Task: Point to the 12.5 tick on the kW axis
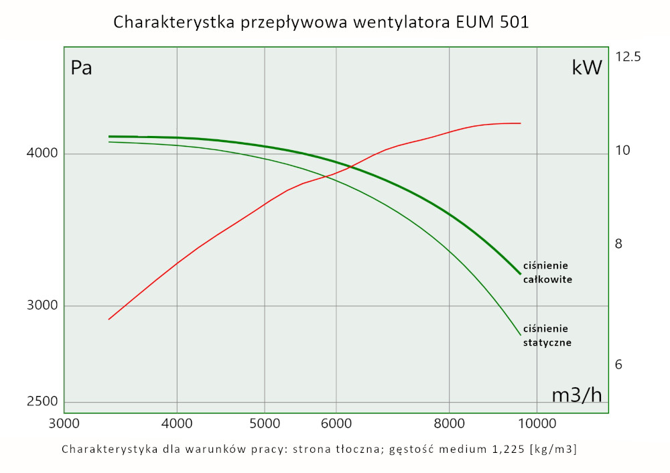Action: pos(628,57)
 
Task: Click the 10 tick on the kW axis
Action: pos(622,151)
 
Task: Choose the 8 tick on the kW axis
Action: pos(619,244)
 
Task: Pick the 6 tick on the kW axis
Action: pos(619,365)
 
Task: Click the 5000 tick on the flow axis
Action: pos(265,423)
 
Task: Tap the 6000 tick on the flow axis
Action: pos(336,423)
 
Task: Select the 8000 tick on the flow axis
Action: pos(449,423)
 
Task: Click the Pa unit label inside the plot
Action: pos(82,68)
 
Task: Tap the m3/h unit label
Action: pos(576,395)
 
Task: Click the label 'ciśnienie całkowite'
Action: pos(547,272)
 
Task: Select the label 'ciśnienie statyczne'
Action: pos(547,335)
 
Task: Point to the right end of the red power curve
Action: pos(521,123)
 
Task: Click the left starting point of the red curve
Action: pos(109,319)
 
